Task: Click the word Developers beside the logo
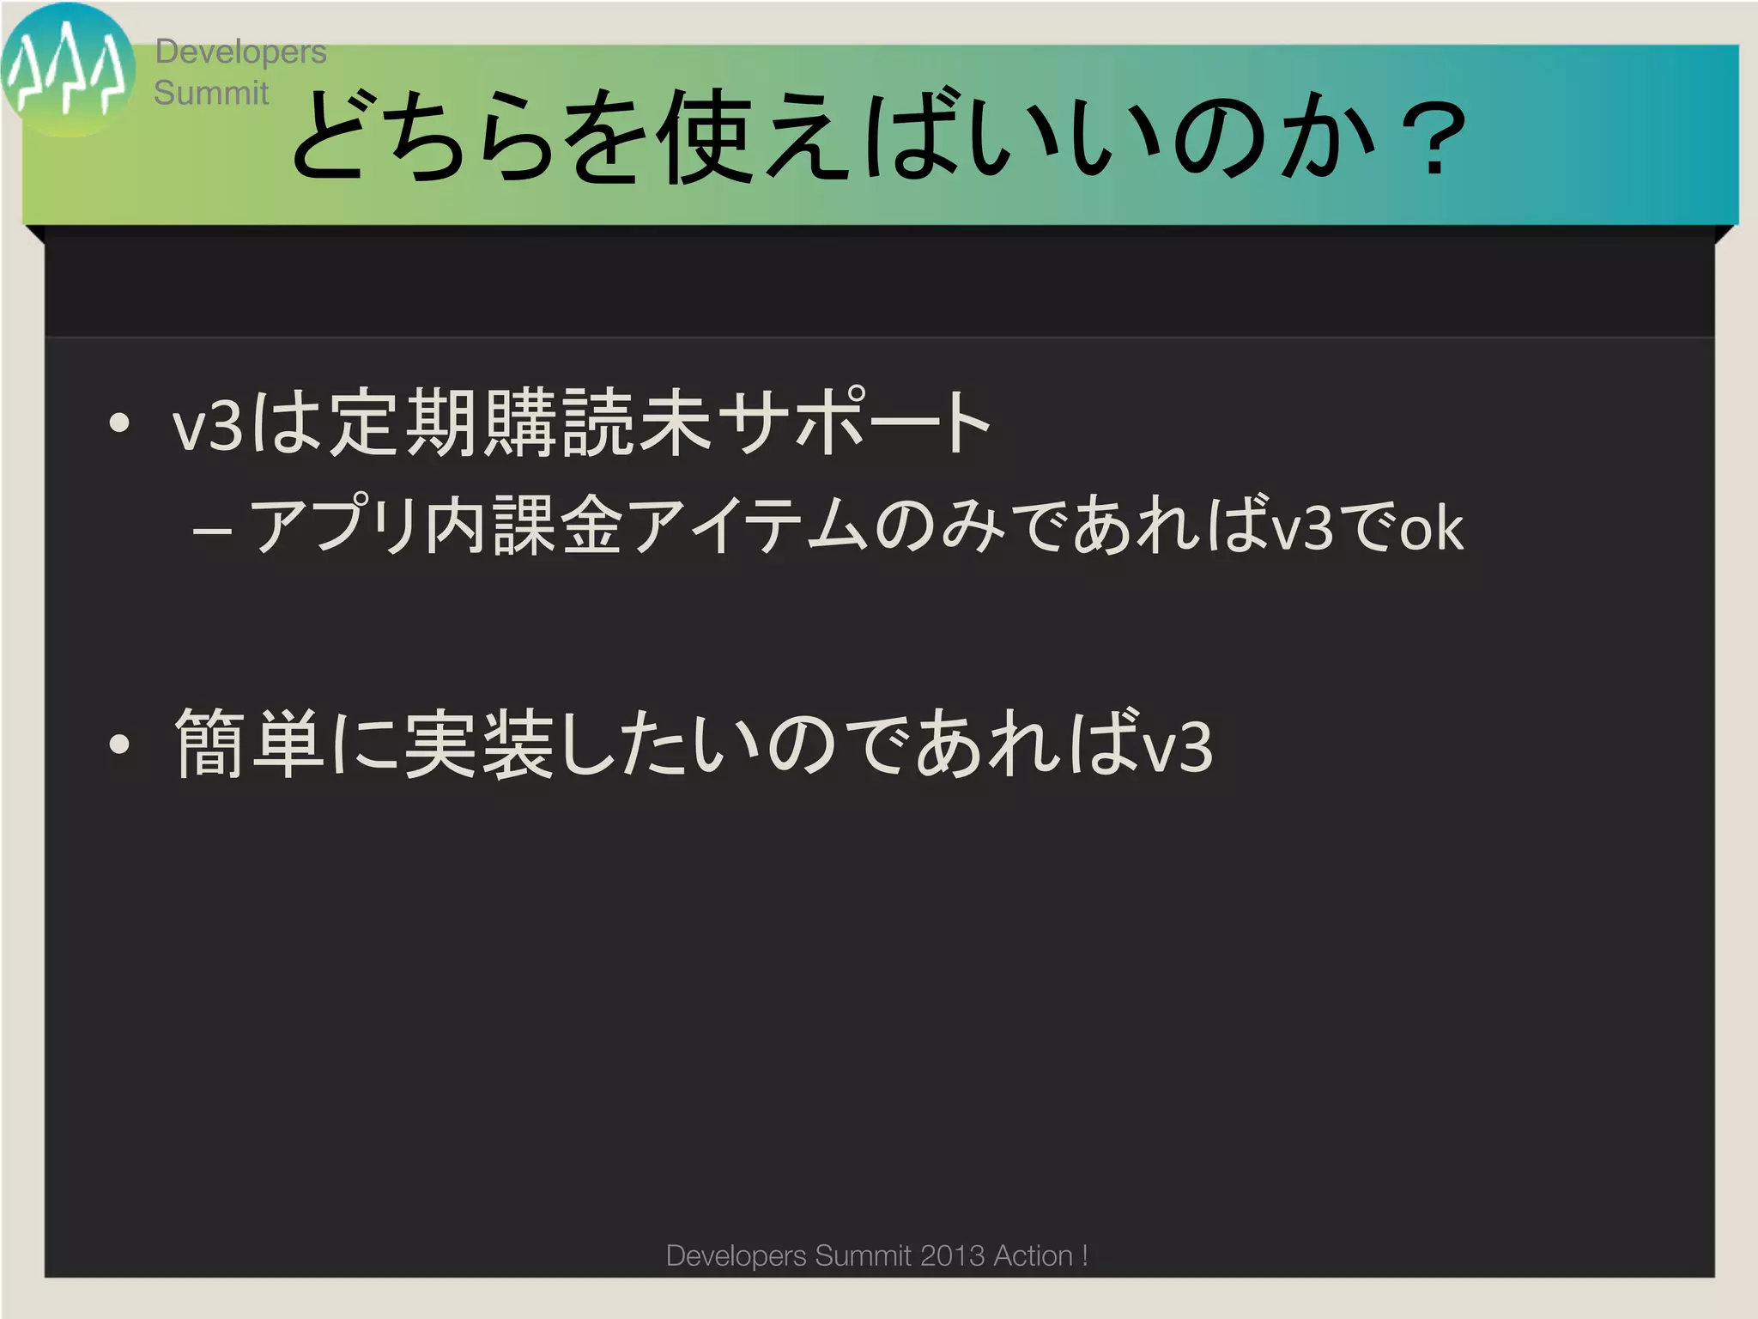tap(240, 52)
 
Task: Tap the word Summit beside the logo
tap(211, 93)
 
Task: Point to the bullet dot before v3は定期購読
tap(119, 422)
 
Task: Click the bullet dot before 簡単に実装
tap(119, 745)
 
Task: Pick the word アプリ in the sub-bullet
tap(335, 526)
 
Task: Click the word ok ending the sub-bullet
tap(1431, 528)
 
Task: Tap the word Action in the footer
tap(1034, 1255)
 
